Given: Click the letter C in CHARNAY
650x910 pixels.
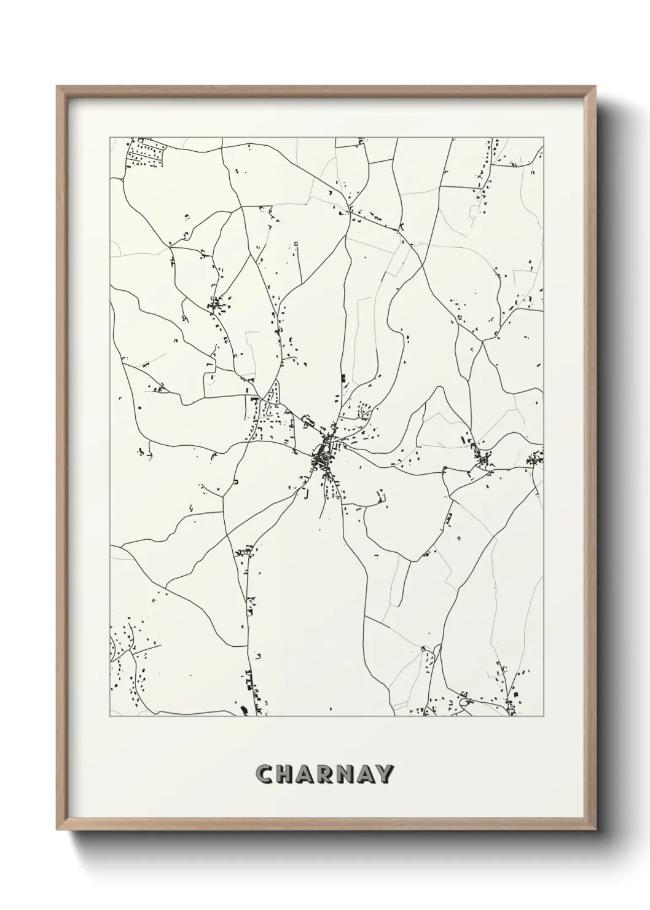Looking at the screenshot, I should click(267, 774).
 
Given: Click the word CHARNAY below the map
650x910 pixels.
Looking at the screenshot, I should click(326, 774).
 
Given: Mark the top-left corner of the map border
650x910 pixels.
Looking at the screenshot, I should click(110, 137).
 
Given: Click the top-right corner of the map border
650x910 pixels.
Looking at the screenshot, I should click(544, 137).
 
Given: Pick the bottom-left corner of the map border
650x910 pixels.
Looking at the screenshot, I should click(110, 716).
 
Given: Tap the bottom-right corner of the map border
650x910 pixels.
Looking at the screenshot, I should click(544, 716).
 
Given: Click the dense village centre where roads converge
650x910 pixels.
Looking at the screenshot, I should click(323, 455).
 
